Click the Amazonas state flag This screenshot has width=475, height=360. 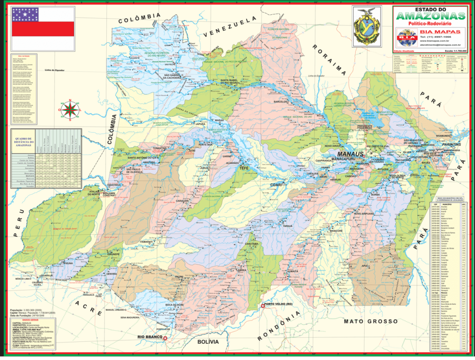pyautogui.click(x=43, y=28)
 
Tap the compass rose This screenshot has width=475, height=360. pyautogui.click(x=70, y=110)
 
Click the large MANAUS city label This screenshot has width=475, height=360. pyautogui.click(x=351, y=154)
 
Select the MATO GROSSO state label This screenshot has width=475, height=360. pyautogui.click(x=370, y=321)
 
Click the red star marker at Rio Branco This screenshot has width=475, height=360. pyautogui.click(x=165, y=338)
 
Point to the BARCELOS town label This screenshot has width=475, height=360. pyautogui.click(x=282, y=101)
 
